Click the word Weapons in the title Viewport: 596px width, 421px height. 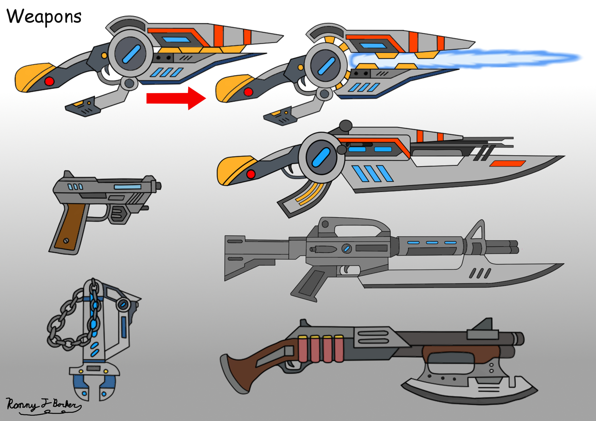(44, 17)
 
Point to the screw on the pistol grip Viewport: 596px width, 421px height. (66, 241)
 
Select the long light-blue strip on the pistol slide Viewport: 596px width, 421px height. (128, 187)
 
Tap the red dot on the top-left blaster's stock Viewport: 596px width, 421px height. (49, 81)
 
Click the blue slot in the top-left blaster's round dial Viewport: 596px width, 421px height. (131, 54)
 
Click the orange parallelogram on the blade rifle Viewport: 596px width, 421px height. (507, 164)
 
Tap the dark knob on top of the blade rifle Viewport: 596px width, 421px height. (346, 126)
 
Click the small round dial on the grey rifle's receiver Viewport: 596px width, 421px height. (346, 249)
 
